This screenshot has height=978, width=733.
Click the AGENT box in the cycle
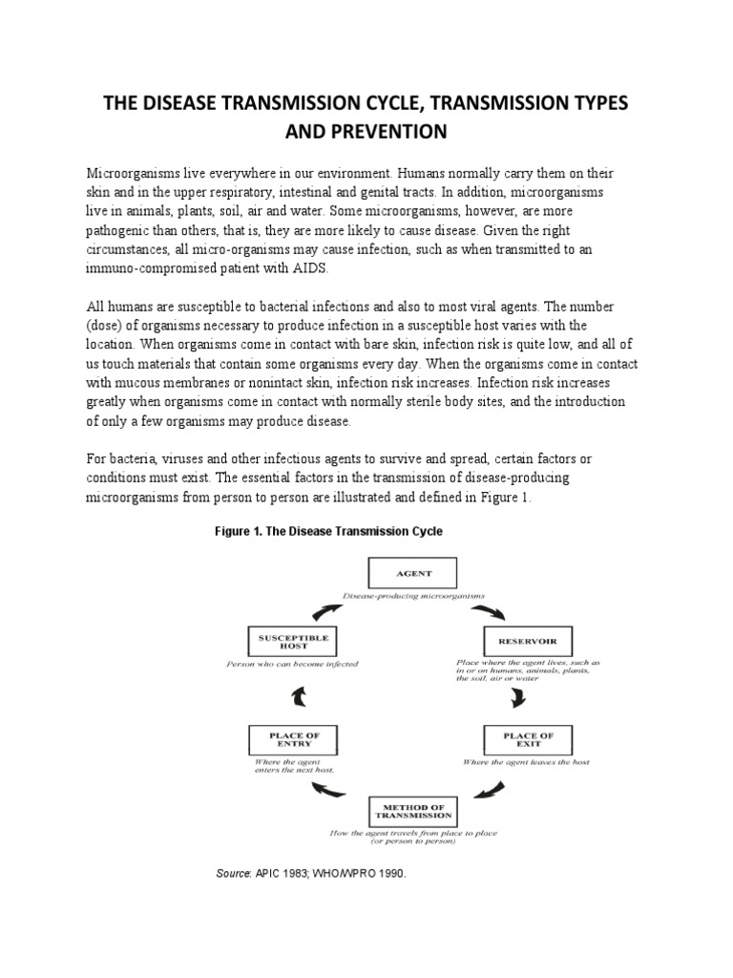[412, 574]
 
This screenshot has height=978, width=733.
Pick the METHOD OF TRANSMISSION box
[412, 813]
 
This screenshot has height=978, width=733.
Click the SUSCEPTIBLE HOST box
[287, 639]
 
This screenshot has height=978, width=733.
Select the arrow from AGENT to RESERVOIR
[492, 609]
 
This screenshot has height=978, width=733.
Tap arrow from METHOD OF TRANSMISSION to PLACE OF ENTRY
[330, 789]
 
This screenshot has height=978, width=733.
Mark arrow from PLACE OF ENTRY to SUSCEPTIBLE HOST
[299, 696]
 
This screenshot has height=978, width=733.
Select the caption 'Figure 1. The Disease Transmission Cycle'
[328, 531]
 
